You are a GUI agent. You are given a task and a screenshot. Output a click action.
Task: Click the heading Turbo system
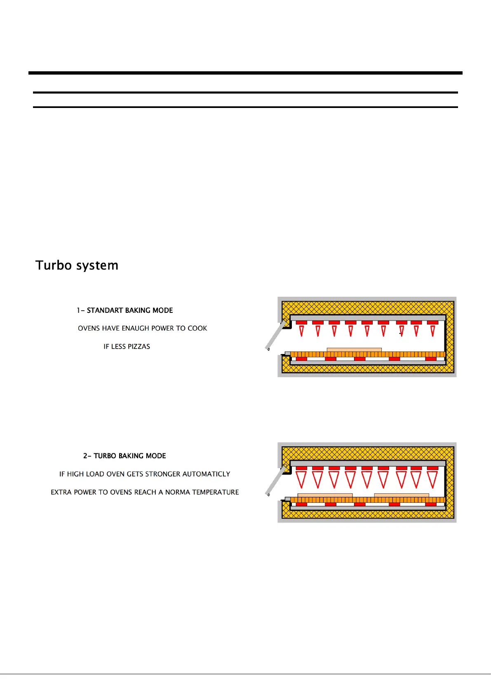coord(77,265)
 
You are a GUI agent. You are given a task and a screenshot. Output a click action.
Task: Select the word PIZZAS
coord(139,347)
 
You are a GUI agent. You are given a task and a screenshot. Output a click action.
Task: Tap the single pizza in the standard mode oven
coord(354,350)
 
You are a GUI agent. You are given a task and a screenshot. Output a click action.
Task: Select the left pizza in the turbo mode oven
coord(325,495)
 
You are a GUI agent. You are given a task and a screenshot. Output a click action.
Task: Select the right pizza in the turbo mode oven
coord(402,495)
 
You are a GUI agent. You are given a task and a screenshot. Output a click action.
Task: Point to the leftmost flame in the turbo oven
coord(301,479)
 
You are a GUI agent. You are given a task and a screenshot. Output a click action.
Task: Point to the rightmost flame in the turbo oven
coord(432,479)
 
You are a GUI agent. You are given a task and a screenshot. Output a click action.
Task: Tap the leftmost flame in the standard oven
coord(301,331)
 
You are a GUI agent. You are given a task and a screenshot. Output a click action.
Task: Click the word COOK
coord(197,328)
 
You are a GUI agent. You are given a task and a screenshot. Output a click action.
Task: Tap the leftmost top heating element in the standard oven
coord(301,322)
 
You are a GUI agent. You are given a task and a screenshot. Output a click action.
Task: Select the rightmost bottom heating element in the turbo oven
coord(430,504)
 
